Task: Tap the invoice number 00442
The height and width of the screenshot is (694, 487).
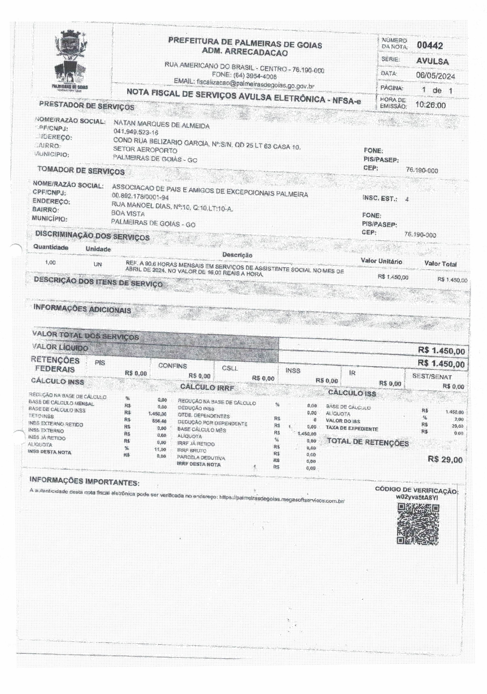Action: [x=430, y=46]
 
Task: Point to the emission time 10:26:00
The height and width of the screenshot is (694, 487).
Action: [x=430, y=105]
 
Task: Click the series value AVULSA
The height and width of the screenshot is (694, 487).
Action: [x=432, y=61]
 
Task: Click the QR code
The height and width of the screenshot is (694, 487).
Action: [x=418, y=524]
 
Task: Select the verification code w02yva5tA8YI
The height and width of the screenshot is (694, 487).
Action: [x=417, y=498]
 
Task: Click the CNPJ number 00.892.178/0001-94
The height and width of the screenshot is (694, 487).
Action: [x=140, y=197]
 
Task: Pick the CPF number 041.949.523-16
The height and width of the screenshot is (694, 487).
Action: [x=136, y=132]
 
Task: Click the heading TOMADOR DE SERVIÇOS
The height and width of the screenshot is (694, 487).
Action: [x=81, y=170]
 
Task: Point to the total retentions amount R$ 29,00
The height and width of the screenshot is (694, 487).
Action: [x=445, y=459]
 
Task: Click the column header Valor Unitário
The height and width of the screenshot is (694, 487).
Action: [x=381, y=261]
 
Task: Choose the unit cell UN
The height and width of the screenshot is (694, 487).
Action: [x=97, y=265]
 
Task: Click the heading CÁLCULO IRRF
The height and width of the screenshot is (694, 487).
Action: [x=207, y=387]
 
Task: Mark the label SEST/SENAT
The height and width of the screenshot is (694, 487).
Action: [x=432, y=376]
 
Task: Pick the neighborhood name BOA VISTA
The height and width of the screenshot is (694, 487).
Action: [x=128, y=214]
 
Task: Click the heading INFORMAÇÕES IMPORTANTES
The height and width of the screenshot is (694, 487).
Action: [x=84, y=481]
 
